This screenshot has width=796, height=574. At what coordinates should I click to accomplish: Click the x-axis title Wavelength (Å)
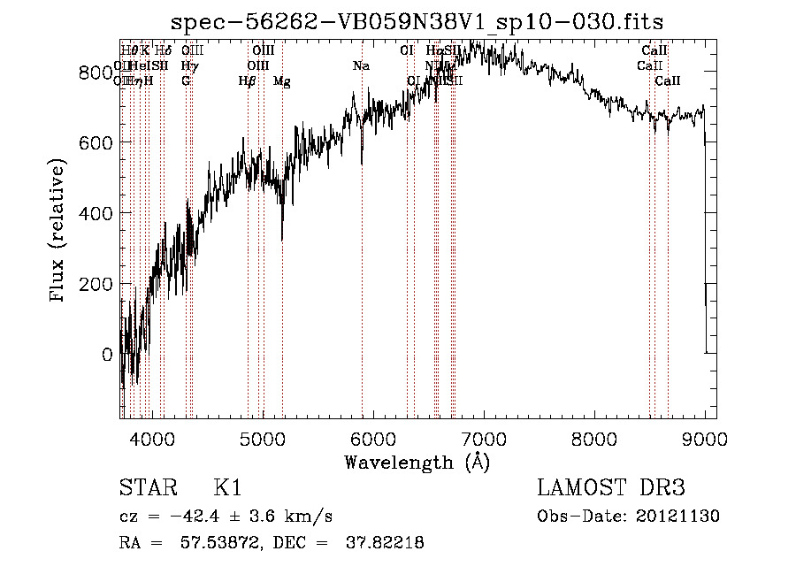(x=417, y=462)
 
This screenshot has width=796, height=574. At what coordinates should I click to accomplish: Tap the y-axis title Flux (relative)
(x=59, y=232)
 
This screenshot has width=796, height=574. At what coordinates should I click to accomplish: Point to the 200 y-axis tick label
(x=96, y=284)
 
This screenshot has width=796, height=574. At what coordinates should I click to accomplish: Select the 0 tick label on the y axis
(x=107, y=355)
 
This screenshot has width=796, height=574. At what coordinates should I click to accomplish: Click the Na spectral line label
(x=361, y=65)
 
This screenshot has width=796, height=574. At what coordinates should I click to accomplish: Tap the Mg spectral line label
(x=281, y=81)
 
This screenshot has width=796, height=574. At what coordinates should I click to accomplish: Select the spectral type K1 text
(x=227, y=489)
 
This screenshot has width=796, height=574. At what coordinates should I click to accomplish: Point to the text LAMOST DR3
(x=611, y=489)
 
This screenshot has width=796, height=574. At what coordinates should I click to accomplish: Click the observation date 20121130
(x=677, y=517)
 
